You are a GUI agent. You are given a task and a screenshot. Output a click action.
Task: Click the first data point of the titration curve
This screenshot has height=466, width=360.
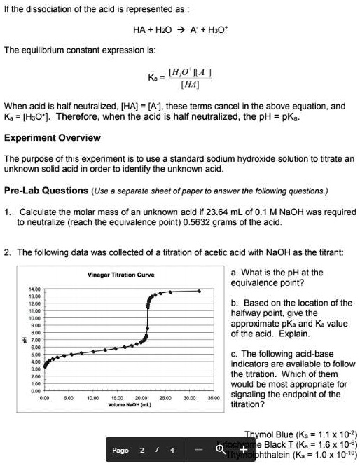[44, 366]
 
